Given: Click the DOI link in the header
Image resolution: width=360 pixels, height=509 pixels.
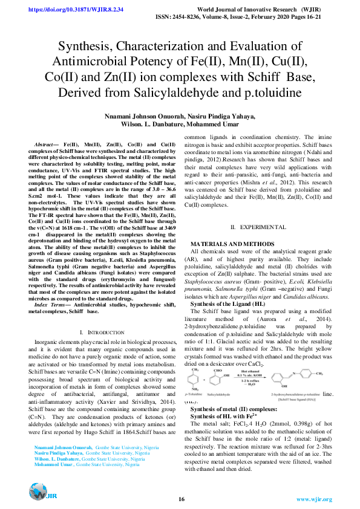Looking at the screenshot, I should pos(71,10).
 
